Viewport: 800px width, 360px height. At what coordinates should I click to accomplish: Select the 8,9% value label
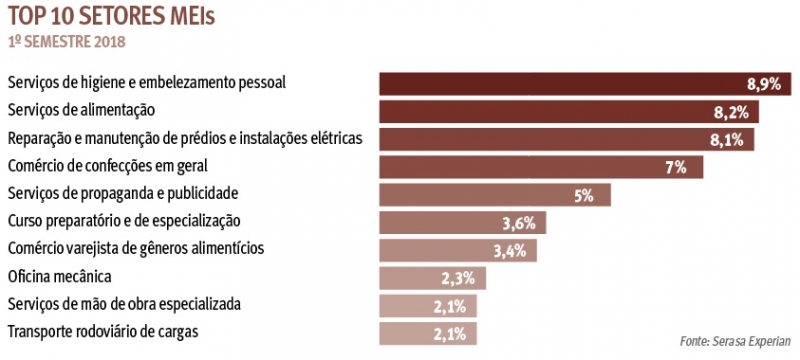[763, 85]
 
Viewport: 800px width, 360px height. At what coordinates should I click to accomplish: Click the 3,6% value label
[520, 223]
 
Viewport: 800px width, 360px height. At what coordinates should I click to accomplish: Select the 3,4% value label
[510, 250]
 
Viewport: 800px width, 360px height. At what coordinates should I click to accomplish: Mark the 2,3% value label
[462, 278]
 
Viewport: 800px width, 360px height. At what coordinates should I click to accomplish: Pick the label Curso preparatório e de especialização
[124, 220]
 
